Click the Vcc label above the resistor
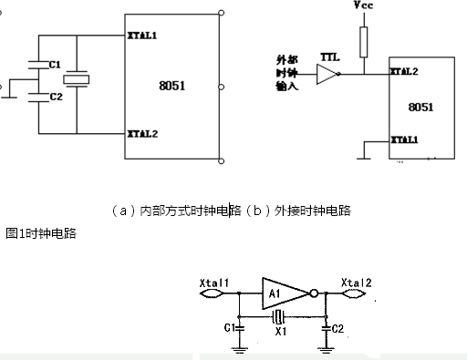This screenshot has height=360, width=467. pyautogui.click(x=363, y=6)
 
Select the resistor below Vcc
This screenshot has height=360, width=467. pyautogui.click(x=364, y=41)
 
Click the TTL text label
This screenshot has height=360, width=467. pyautogui.click(x=331, y=57)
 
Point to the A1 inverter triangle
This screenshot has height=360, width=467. pyautogui.click(x=283, y=293)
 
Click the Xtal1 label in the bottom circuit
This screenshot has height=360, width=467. pyautogui.click(x=214, y=283)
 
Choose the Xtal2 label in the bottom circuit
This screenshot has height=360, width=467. pyautogui.click(x=356, y=283)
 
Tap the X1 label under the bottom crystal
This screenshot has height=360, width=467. pyautogui.click(x=281, y=334)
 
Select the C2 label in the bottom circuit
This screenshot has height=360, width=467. pyautogui.click(x=336, y=328)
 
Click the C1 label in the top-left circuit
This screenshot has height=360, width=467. pyautogui.click(x=55, y=66)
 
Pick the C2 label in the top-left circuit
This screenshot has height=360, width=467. pyautogui.click(x=55, y=96)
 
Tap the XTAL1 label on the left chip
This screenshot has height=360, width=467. pyautogui.click(x=141, y=37)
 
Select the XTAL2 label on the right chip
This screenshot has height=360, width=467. pyautogui.click(x=404, y=70)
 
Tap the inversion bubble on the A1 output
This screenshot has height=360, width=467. pyautogui.click(x=313, y=293)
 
